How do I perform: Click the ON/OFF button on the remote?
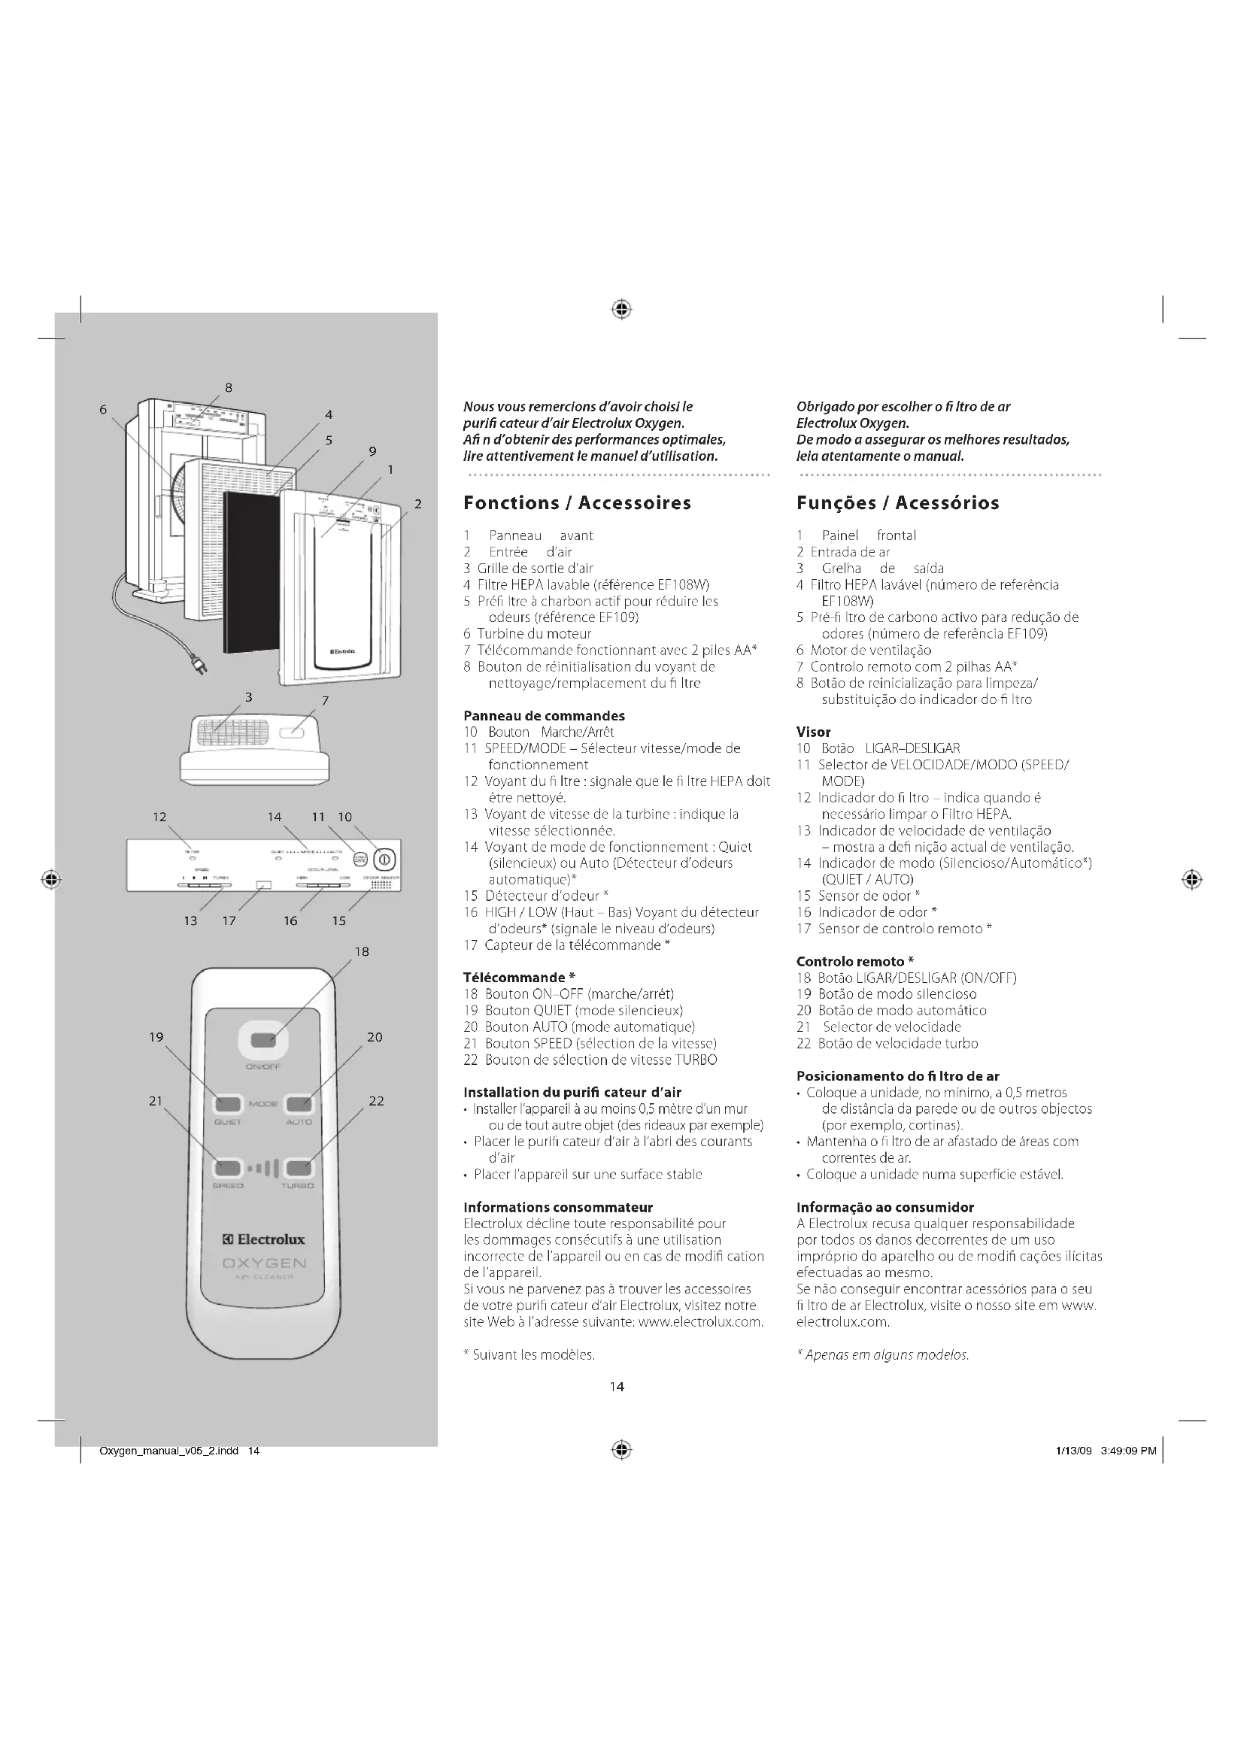click(263, 1039)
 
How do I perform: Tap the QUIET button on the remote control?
click(227, 1104)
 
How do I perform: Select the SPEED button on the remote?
click(226, 1168)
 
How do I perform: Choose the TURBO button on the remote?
click(298, 1168)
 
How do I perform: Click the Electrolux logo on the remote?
click(263, 1239)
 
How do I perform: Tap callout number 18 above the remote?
click(362, 951)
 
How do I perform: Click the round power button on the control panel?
click(384, 857)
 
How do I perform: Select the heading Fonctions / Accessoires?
click(577, 502)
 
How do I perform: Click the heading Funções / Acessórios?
click(897, 502)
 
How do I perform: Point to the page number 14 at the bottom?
click(617, 1386)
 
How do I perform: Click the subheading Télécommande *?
click(520, 977)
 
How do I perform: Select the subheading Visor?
click(814, 732)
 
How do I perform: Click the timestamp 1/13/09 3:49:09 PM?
click(1105, 1449)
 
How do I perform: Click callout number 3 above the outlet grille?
click(249, 696)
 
